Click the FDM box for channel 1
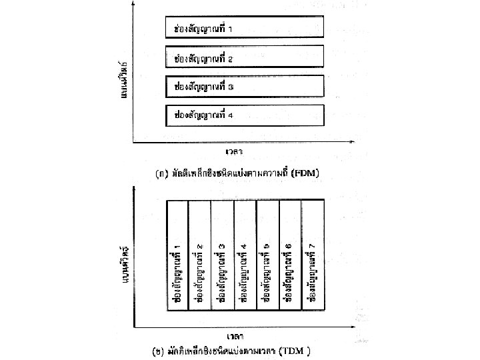click(245, 29)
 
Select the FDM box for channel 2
click(245, 58)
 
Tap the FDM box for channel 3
click(245, 87)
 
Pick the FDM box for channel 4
click(245, 115)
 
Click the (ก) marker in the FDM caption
click(161, 173)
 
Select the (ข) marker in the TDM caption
click(159, 350)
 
